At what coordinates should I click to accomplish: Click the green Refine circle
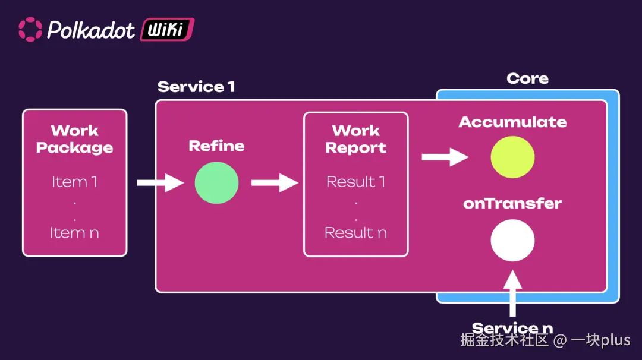216,183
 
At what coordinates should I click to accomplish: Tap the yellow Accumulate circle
512,157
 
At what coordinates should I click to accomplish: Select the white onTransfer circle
512,241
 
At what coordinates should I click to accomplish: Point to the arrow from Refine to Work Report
274,182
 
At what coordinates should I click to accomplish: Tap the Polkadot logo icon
30,29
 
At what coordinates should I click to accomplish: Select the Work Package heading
74,139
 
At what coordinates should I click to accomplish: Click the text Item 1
74,182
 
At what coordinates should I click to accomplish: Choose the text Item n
74,233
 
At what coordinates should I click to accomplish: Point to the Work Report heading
355,139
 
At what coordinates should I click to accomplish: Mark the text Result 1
355,182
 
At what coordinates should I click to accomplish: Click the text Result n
355,233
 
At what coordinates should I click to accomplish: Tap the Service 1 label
196,87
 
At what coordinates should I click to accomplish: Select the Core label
527,78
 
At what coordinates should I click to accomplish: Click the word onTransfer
512,203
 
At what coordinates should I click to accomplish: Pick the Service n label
512,329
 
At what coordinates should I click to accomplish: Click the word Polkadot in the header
91,30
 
